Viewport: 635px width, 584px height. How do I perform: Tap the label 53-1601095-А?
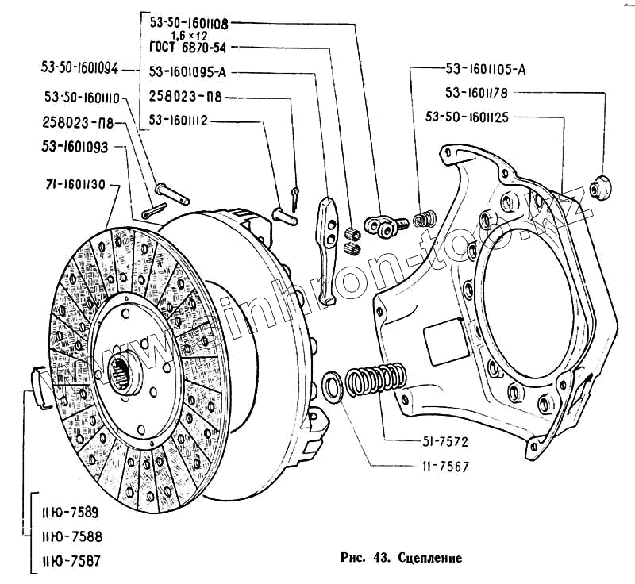point(188,73)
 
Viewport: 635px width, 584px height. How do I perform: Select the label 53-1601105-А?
point(486,68)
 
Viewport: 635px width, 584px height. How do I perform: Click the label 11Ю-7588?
point(67,536)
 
